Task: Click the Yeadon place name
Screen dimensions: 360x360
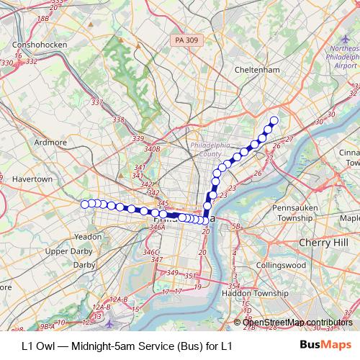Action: [88, 236]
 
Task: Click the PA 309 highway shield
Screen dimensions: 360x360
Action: [186, 42]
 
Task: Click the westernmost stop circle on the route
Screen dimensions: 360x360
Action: [84, 204]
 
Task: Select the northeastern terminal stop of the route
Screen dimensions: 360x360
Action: [274, 121]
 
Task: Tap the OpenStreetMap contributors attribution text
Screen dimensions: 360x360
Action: [297, 322]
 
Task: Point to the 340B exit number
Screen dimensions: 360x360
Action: [151, 149]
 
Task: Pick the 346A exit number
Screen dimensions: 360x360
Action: [157, 228]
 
